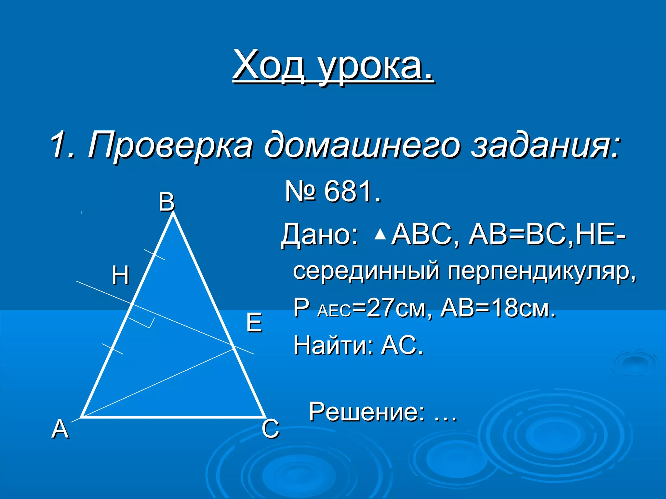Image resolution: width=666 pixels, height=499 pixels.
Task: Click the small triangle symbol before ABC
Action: click(x=380, y=234)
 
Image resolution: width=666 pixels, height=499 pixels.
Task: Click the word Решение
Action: click(x=366, y=412)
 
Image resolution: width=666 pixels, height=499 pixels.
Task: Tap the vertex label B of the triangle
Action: click(x=166, y=202)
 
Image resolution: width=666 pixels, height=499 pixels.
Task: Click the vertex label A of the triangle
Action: click(x=60, y=429)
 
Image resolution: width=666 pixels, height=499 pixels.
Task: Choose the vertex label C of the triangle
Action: click(x=270, y=429)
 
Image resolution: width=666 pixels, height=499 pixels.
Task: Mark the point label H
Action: click(x=120, y=275)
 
